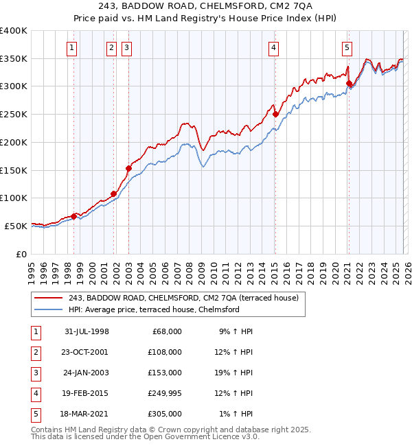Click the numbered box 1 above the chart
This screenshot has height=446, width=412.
[x=72, y=47]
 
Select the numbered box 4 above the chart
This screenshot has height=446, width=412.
[x=273, y=47]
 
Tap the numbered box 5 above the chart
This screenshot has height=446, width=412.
[x=347, y=47]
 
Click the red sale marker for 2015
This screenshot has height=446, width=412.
[x=275, y=115]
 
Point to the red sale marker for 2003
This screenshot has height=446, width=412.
[x=128, y=168]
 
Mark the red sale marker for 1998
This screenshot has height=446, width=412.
[x=74, y=216]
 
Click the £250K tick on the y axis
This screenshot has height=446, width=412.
[x=14, y=115]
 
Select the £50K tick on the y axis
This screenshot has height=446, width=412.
[x=16, y=226]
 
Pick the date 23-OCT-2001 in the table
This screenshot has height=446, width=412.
[x=84, y=352]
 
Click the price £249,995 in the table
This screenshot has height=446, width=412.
[x=165, y=393]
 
